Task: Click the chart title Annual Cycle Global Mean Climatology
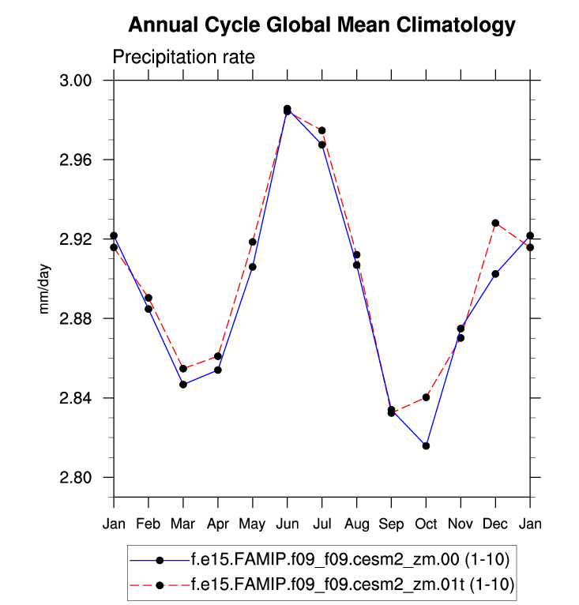click(x=321, y=25)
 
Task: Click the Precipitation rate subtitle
click(x=183, y=58)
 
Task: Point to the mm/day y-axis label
click(x=45, y=289)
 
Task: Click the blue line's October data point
click(x=426, y=446)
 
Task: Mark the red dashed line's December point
click(x=495, y=223)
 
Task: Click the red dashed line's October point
click(x=426, y=397)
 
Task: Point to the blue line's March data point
click(x=183, y=385)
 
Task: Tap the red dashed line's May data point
click(x=253, y=242)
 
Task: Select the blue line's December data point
click(x=495, y=274)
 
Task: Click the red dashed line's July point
click(x=322, y=130)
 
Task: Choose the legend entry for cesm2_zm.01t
click(x=352, y=584)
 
